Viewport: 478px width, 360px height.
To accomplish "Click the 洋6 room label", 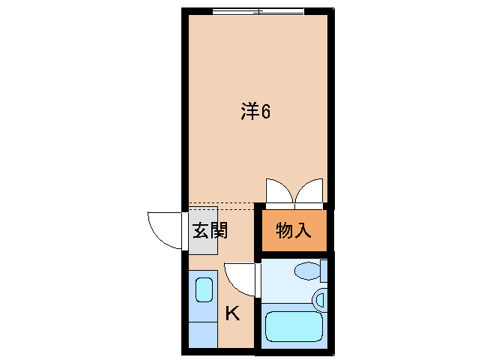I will tap(255, 112).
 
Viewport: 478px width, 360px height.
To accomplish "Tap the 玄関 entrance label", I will tap(210, 230).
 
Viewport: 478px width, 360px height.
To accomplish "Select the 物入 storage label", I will tap(293, 230).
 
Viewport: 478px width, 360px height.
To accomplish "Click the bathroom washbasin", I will tap(320, 300).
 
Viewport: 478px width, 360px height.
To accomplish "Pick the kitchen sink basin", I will tap(203, 289).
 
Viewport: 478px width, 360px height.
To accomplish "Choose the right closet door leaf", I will tap(310, 191).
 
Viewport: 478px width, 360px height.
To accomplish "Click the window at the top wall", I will tap(258, 11).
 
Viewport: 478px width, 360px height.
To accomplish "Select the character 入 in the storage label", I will tap(302, 230).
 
